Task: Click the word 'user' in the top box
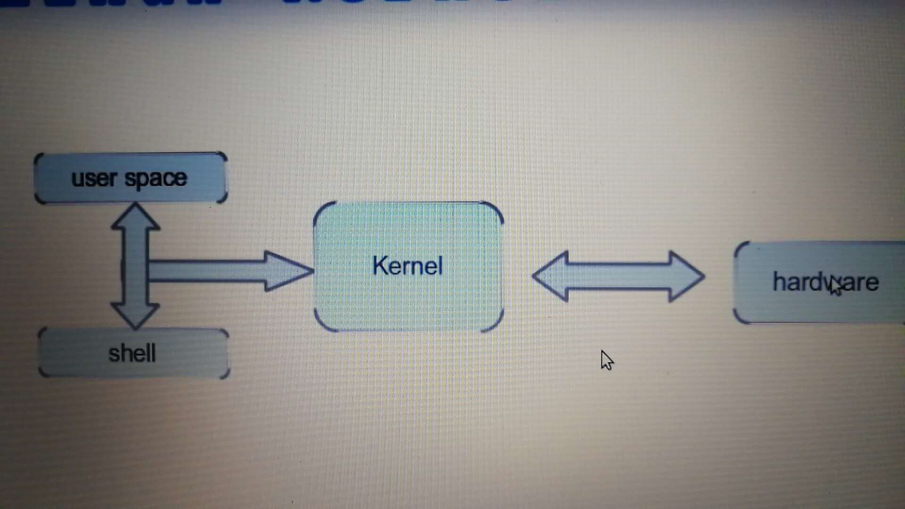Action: (x=93, y=179)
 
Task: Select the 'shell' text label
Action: (x=132, y=353)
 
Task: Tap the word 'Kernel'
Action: (x=408, y=266)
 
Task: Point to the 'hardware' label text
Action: (x=825, y=282)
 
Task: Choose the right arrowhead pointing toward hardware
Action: (x=686, y=277)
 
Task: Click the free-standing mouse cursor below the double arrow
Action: (x=607, y=361)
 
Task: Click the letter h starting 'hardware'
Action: (x=779, y=282)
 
